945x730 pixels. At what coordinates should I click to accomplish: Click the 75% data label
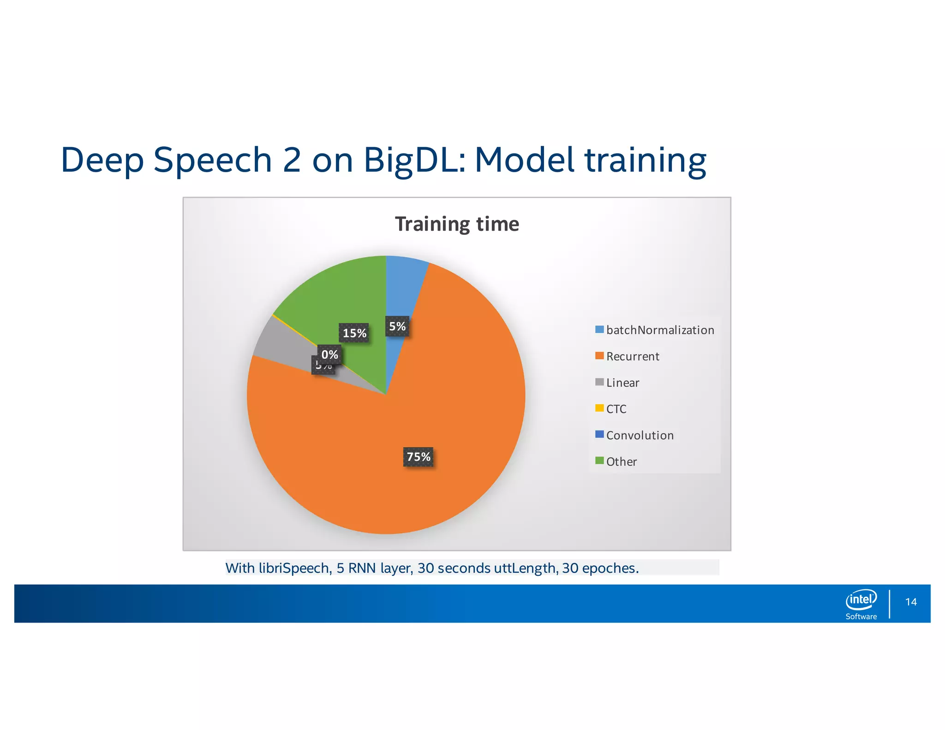[x=418, y=457]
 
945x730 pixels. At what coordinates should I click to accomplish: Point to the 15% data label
[x=354, y=333]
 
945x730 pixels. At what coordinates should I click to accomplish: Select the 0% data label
[x=329, y=354]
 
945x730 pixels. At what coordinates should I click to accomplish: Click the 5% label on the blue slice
[x=397, y=326]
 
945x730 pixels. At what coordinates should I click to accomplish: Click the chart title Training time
[x=457, y=224]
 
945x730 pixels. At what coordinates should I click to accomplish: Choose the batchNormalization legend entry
[x=655, y=330]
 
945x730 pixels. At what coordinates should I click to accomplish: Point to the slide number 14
[x=911, y=602]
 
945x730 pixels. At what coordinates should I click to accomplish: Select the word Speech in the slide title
[x=213, y=160]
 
